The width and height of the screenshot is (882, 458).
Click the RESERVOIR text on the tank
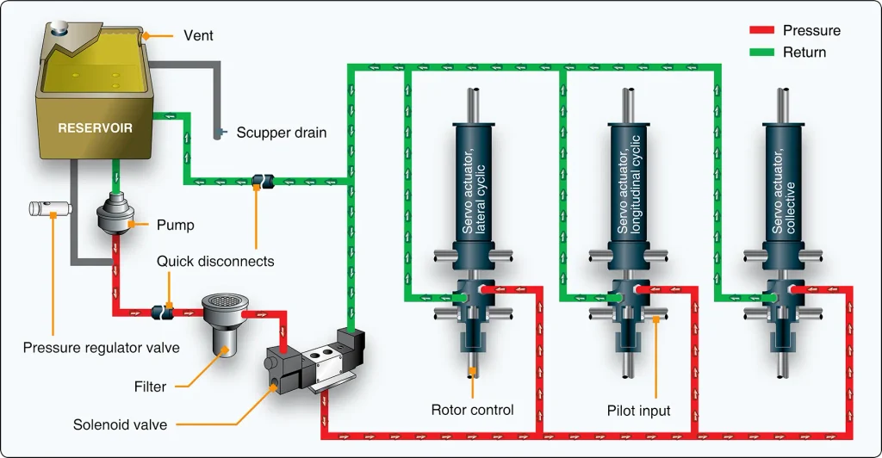95,128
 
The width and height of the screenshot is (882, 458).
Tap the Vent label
199,35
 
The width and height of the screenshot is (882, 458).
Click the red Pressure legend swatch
761,30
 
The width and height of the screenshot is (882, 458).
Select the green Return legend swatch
761,53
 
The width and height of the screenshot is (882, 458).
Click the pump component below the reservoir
116,214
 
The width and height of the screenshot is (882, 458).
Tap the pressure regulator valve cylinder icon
51,208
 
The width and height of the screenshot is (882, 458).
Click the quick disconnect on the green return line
262,181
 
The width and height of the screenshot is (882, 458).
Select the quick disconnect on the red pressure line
163,313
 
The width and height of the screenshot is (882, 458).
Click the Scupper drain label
282,133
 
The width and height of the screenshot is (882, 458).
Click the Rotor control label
473,410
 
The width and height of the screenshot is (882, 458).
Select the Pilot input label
638,411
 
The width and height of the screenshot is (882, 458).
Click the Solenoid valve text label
120,424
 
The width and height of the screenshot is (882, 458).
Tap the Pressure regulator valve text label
102,347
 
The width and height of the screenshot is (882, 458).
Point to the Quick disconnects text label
215,262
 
